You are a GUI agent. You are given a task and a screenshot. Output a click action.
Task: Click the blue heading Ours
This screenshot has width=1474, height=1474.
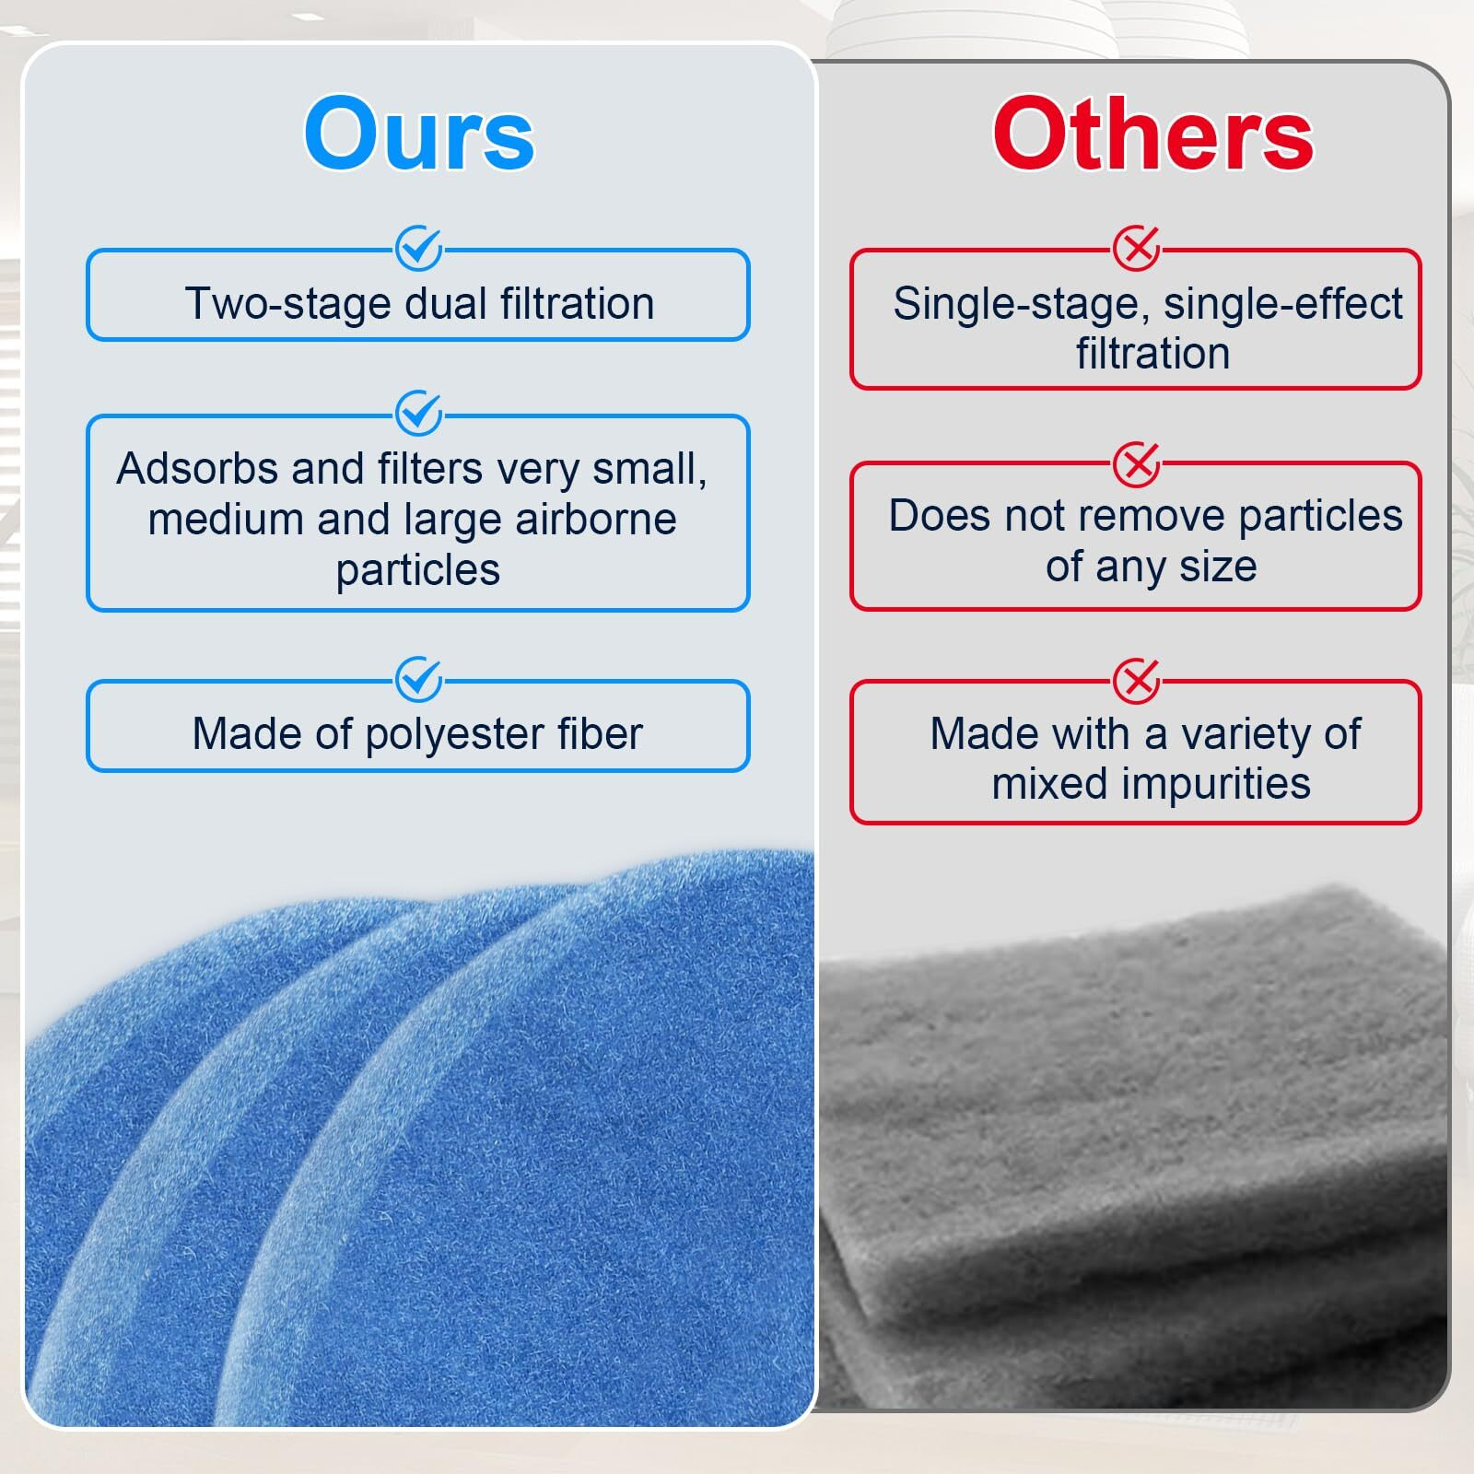(419, 135)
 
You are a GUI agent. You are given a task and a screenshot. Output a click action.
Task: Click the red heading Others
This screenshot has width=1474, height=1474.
(1152, 135)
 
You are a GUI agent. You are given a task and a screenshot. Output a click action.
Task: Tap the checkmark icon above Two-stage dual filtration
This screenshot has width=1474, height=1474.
(419, 249)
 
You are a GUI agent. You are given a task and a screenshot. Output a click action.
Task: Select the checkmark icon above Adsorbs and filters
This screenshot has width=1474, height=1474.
(419, 414)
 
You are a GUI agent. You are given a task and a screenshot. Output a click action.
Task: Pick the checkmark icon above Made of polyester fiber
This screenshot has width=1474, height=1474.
(419, 680)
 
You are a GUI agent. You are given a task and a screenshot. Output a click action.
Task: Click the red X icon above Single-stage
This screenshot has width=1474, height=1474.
(1137, 249)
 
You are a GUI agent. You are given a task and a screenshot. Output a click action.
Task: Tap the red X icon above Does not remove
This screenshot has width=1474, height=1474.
(1137, 464)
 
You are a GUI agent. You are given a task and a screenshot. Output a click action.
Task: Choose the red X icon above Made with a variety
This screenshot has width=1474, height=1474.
(1137, 682)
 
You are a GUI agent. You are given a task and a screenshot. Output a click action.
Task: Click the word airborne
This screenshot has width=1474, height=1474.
(596, 520)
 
